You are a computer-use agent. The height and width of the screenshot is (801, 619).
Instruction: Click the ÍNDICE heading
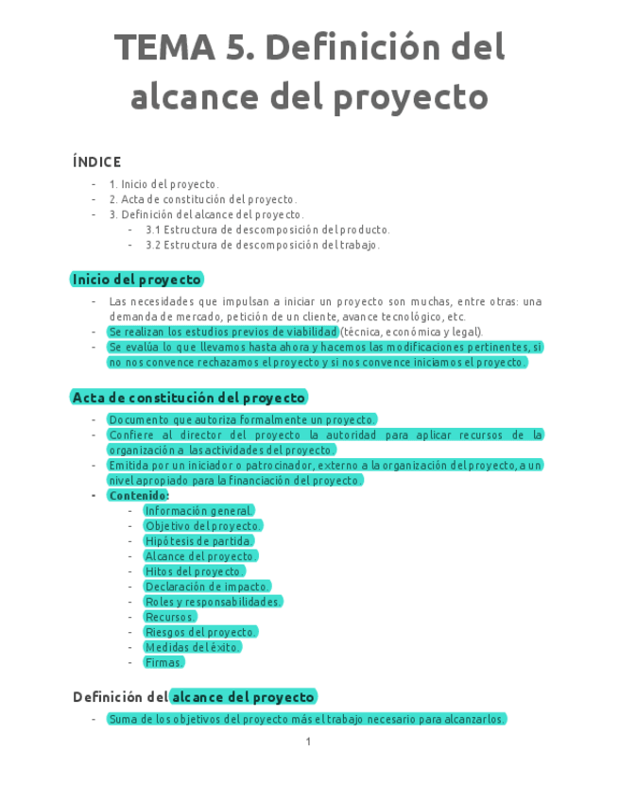tap(96, 162)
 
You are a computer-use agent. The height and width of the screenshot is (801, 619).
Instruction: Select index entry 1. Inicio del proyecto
tap(163, 184)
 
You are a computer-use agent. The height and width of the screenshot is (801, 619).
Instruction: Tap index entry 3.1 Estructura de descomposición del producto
tap(267, 230)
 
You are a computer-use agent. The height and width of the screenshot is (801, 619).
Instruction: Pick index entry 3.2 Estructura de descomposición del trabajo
tap(263, 245)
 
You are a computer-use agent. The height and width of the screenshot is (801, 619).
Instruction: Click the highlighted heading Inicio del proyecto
tap(137, 280)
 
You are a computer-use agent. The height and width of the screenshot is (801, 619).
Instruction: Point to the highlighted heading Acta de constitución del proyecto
tap(189, 398)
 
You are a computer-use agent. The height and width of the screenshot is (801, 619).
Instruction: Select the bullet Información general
tap(198, 511)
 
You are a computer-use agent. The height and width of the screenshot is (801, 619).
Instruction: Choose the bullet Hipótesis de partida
tap(198, 541)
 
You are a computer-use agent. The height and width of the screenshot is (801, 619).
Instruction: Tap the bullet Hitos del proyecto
tap(194, 571)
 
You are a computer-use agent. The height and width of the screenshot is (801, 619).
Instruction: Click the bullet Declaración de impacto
tap(207, 587)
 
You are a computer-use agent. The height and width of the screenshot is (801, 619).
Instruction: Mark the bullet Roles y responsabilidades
tap(213, 602)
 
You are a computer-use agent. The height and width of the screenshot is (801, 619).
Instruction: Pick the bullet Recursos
tap(170, 617)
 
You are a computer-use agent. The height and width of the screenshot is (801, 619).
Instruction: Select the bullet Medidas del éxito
tap(192, 647)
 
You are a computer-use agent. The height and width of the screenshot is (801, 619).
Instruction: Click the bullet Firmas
tap(163, 662)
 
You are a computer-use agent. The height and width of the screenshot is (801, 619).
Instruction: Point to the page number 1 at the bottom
tap(308, 742)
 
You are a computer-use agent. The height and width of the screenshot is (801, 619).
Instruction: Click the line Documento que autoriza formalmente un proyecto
tap(242, 419)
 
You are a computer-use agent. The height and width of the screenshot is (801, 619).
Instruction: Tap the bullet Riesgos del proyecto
tap(200, 632)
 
